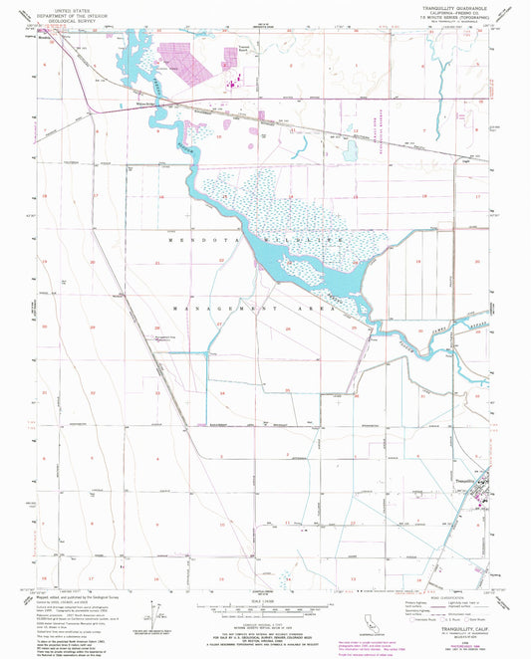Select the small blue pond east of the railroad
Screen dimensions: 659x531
tap(351, 151)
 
